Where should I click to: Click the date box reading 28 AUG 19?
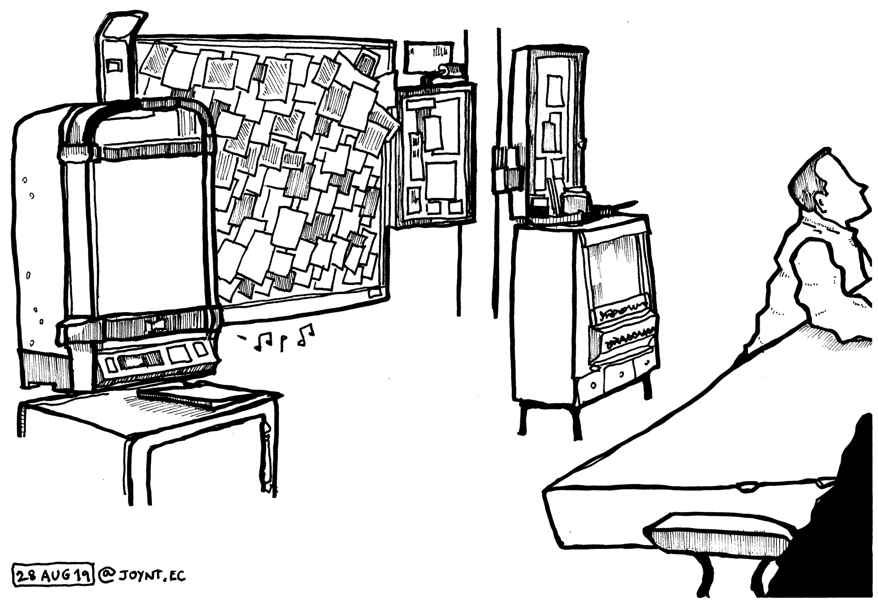tap(53, 575)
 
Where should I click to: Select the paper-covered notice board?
tap(264, 178)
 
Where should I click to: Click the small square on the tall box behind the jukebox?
tap(113, 66)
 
